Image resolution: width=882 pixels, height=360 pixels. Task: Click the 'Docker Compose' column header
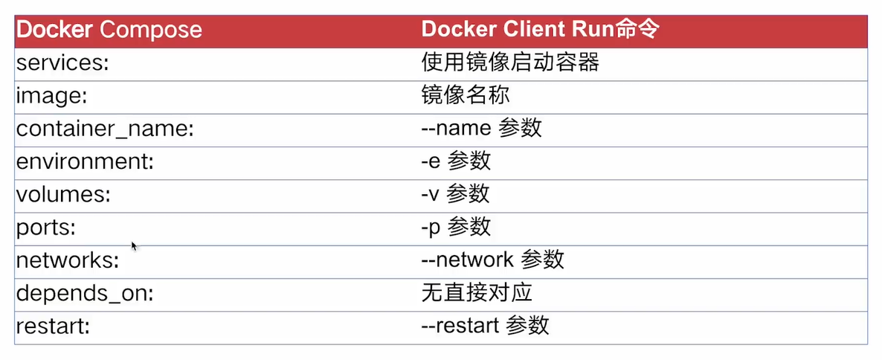109,30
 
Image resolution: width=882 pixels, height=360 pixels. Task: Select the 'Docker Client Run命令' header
539,30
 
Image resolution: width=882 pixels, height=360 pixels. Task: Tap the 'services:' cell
62,63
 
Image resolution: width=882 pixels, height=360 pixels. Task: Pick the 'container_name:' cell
105,129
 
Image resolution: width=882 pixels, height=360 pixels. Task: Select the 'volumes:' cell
63,194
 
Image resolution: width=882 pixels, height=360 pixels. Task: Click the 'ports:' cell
46,227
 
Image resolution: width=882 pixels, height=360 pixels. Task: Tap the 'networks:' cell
68,260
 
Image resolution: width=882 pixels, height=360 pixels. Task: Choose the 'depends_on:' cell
85,292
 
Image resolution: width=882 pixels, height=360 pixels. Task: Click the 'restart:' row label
52,325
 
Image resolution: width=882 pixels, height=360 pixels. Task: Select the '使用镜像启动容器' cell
509,62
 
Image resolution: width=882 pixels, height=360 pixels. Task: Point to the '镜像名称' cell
465,96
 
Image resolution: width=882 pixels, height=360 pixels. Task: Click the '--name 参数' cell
481,129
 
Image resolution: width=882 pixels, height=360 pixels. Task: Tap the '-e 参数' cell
455,161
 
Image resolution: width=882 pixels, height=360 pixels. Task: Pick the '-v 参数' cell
455,194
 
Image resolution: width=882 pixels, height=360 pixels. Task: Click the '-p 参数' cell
456,227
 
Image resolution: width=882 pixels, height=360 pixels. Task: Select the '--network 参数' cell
492,260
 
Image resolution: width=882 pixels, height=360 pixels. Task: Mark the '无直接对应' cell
476,292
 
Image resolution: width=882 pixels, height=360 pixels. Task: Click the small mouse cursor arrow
134,245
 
